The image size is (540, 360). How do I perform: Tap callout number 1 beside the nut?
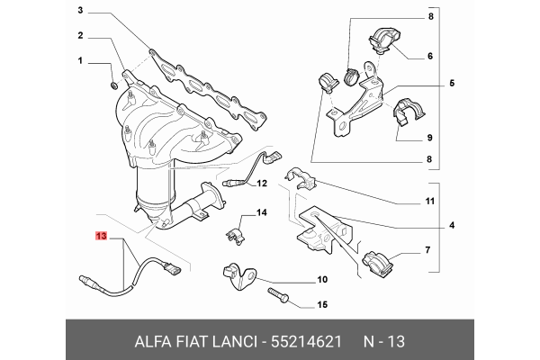pyautogui.click(x=79, y=62)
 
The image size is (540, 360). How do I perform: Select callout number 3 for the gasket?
pyautogui.click(x=79, y=12)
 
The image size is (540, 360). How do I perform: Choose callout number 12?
pyautogui.click(x=263, y=184)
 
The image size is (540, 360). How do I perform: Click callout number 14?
pyautogui.click(x=264, y=212)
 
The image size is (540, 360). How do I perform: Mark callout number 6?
pyautogui.click(x=430, y=56)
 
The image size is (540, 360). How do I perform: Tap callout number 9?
pyautogui.click(x=430, y=138)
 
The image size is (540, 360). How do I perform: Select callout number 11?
pyautogui.click(x=430, y=201)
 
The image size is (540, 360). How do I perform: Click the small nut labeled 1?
pyautogui.click(x=113, y=85)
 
